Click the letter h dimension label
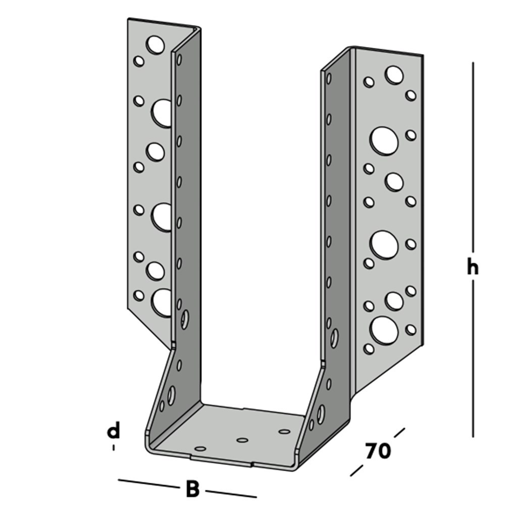coord(472,268)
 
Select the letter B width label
coord(192,489)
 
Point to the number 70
coord(378,451)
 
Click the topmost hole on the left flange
coord(156,44)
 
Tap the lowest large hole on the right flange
coord(384,330)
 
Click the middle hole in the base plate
coord(242,440)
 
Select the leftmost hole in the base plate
coord(200,448)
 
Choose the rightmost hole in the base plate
coord(285,431)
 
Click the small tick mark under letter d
coord(114,447)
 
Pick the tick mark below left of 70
coord(357,470)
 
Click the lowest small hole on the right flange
coord(369,348)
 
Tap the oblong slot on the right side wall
coord(334,337)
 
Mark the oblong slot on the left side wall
coord(185,319)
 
